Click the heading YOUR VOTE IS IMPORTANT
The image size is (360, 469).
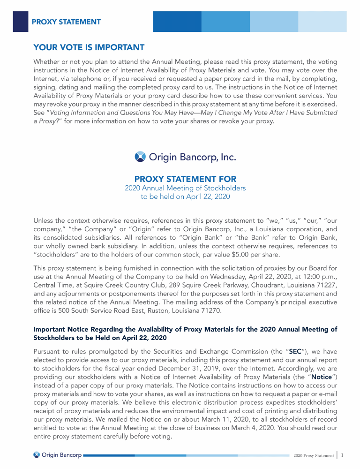pos(89,47)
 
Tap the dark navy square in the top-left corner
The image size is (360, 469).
pos(20,22)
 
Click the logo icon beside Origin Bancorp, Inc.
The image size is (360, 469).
pos(140,156)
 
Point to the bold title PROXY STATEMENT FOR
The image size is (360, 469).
pos(185,179)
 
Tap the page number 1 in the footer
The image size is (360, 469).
pos(343,455)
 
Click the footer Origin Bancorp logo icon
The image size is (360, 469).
pos(37,455)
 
